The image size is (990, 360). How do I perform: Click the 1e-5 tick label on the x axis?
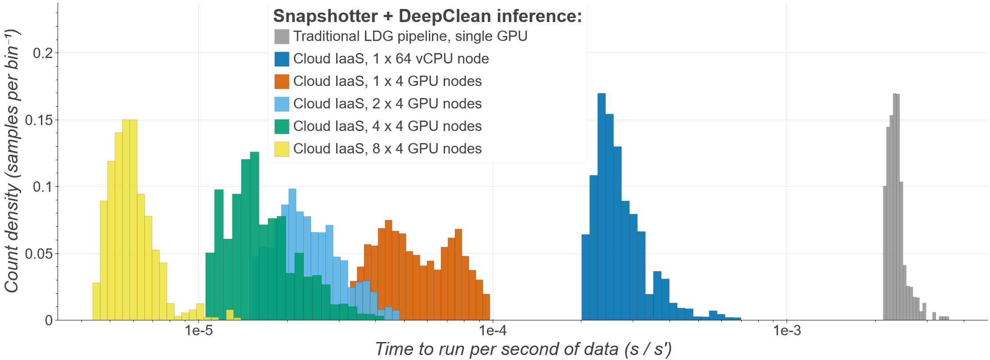coord(198,331)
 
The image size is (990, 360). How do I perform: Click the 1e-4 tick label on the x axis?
coord(493,331)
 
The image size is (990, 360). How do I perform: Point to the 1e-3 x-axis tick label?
coord(787,331)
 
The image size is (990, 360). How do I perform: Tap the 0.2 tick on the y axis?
coord(43,53)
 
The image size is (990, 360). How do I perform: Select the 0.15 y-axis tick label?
coord(39,120)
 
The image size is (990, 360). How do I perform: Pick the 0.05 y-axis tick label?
coord(39,254)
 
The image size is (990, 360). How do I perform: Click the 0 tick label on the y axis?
coord(49,320)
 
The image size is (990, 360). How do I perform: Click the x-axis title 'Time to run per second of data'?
coord(523,349)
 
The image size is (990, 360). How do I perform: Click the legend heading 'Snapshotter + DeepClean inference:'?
coord(427,16)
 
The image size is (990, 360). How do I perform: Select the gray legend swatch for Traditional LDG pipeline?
coord(282,36)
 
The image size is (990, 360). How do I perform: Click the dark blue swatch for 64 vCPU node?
coord(282,59)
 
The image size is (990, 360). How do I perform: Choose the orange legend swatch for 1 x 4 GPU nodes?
coord(282,81)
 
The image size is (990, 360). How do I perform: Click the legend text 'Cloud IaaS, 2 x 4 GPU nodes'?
coord(387,104)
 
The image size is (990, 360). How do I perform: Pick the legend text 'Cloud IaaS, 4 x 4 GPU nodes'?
coord(387,126)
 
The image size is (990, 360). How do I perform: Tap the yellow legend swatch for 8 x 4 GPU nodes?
coord(282,149)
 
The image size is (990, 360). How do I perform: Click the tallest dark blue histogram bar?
coord(602,207)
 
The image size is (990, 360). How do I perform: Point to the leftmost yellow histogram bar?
coord(96,301)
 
